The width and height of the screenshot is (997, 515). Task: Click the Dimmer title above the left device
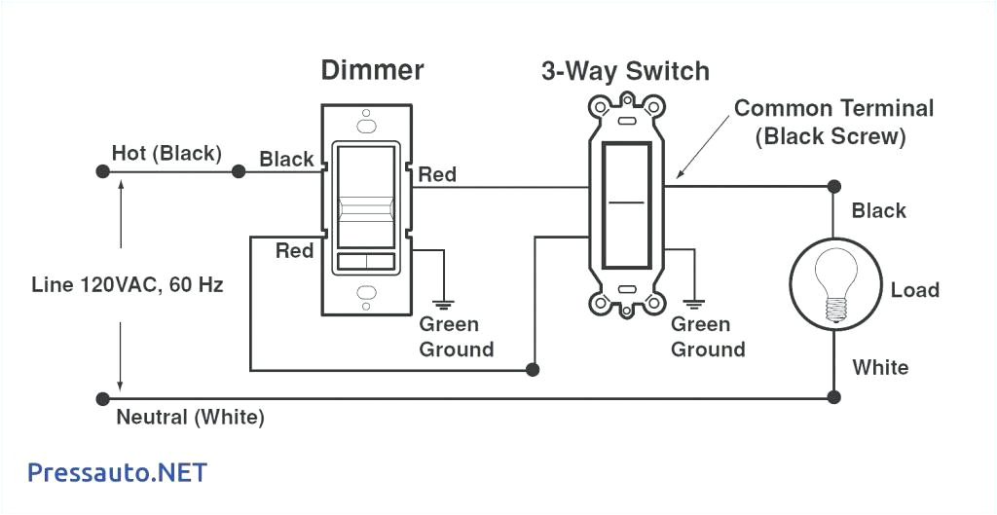[373, 70]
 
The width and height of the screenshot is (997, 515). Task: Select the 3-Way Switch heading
[625, 71]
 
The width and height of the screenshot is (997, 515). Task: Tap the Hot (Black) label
[166, 153]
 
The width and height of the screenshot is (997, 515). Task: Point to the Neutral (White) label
[190, 418]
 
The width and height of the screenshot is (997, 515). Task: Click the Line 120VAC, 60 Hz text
[128, 285]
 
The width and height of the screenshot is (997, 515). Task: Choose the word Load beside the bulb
[914, 290]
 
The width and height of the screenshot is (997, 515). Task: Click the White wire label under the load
[880, 367]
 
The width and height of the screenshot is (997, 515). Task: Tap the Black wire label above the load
[878, 210]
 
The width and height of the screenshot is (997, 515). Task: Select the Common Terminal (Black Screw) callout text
[833, 122]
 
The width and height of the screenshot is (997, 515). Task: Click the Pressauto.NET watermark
[117, 472]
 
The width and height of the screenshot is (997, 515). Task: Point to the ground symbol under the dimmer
[444, 299]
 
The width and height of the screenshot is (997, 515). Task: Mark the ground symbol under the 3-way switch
[695, 299]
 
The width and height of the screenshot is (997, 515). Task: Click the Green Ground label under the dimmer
[456, 336]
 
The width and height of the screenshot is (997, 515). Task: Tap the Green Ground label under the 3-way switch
[708, 336]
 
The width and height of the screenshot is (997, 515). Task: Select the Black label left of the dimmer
[286, 159]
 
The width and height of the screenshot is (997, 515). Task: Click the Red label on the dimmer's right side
[437, 174]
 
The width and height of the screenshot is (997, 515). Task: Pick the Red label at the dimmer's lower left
[294, 250]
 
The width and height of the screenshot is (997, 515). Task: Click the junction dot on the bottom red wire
[533, 370]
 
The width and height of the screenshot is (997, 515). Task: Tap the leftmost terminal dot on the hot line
[102, 171]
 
